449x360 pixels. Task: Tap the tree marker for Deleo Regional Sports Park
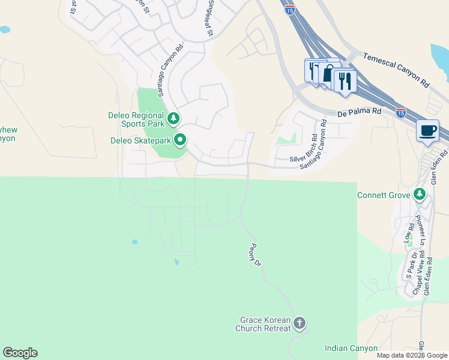pyautogui.click(x=173, y=118)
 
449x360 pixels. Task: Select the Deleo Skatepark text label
pyautogui.click(x=141, y=142)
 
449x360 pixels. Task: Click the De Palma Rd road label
pyautogui.click(x=360, y=111)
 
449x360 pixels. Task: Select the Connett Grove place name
pyautogui.click(x=383, y=195)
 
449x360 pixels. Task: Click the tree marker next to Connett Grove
pyautogui.click(x=420, y=194)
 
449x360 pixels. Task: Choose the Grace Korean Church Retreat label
pyautogui.click(x=264, y=324)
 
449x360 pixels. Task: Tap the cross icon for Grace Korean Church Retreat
pyautogui.click(x=300, y=325)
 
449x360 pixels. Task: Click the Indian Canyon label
pyautogui.click(x=351, y=348)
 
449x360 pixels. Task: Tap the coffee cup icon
pyautogui.click(x=427, y=131)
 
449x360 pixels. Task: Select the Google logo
pyautogui.click(x=20, y=353)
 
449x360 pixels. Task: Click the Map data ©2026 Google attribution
pyautogui.click(x=412, y=355)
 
